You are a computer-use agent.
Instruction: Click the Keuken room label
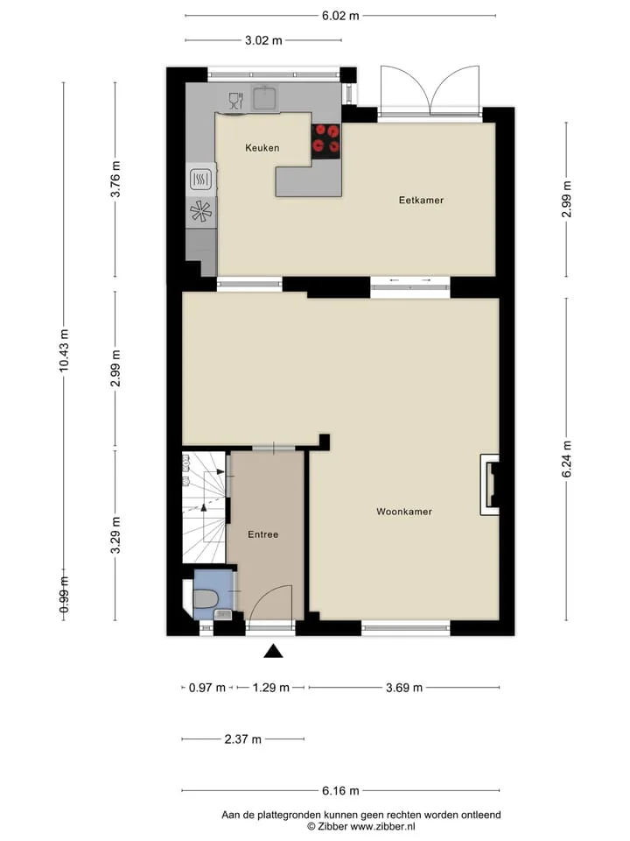262,147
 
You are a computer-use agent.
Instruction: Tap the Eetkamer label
421,200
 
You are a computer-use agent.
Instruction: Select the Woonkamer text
404,512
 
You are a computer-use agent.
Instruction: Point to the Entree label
263,534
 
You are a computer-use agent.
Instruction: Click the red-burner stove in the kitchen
326,141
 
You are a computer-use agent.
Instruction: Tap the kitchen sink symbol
264,97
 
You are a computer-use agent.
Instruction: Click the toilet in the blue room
204,598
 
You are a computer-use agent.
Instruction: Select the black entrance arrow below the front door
273,651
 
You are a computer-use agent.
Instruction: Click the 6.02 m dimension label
340,16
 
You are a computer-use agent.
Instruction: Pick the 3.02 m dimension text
263,40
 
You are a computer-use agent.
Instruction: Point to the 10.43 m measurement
64,350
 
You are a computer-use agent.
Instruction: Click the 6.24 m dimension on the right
567,458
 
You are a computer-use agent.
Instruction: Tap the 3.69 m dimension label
404,688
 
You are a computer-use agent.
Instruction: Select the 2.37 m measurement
242,739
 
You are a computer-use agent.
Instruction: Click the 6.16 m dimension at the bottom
340,790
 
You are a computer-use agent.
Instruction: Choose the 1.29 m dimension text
270,688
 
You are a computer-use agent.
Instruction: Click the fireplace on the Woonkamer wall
490,484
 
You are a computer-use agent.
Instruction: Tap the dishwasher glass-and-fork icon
235,101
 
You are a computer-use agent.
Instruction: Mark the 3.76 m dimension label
115,179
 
